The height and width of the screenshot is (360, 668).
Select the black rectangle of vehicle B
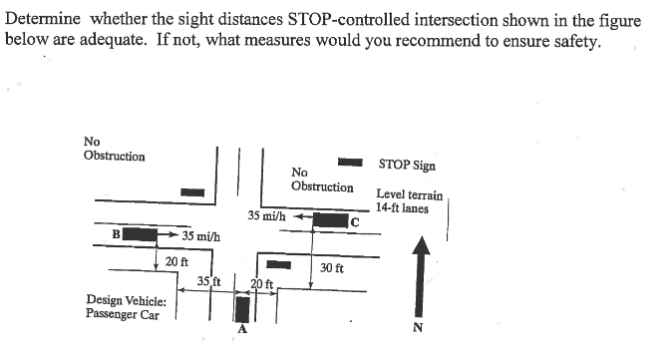[x=143, y=234]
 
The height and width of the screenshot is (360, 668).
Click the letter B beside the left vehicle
[x=117, y=234]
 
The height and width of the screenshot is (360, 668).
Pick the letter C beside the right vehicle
[x=354, y=221]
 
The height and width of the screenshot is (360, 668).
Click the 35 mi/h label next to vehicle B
[x=201, y=236]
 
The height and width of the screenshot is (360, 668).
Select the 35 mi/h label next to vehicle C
[x=266, y=215]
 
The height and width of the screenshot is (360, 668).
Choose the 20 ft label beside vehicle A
[x=263, y=284]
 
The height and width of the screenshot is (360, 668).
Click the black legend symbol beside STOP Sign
[x=350, y=161]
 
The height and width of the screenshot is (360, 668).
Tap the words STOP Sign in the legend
[x=407, y=165]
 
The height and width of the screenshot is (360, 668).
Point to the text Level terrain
[x=410, y=194]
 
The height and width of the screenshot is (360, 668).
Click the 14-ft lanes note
[x=403, y=207]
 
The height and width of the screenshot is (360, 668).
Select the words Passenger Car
[x=123, y=313]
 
